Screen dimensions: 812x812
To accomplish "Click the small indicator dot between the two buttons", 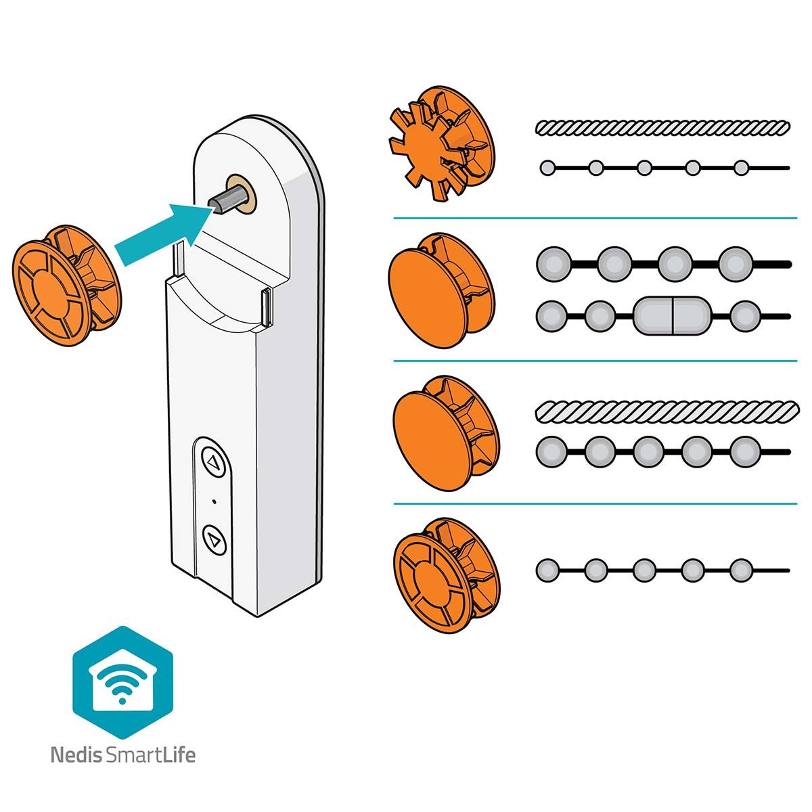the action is click(x=215, y=501).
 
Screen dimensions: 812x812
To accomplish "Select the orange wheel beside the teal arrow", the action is click(x=66, y=284).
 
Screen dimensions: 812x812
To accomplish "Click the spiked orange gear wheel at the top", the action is click(x=441, y=143).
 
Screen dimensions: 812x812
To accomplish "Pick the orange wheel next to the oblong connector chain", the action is click(x=441, y=290).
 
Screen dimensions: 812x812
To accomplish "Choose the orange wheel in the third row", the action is click(x=446, y=432).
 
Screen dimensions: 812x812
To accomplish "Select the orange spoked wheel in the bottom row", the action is click(x=447, y=577).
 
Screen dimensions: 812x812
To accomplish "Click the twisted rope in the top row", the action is click(x=662, y=127).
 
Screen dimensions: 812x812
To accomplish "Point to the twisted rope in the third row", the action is click(x=667, y=410).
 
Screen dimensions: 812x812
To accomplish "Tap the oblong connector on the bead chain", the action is click(x=672, y=315).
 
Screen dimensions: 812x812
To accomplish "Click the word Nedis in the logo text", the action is click(x=76, y=754).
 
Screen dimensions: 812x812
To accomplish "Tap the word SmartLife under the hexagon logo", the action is click(x=150, y=754).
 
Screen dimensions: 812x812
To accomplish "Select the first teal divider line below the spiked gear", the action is click(x=595, y=219).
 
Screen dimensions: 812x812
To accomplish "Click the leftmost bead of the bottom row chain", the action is click(x=547, y=570).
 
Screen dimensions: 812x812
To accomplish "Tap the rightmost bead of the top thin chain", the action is click(x=741, y=168).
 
